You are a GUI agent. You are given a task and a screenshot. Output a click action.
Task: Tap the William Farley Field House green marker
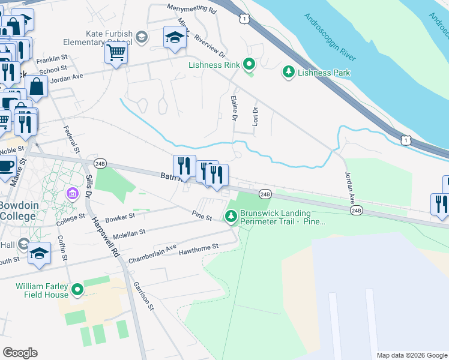pyautogui.click(x=77, y=290)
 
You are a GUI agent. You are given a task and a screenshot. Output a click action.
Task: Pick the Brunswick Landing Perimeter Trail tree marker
pyautogui.click(x=231, y=217)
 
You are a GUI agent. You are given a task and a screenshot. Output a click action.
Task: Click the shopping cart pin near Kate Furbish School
pyautogui.click(x=116, y=52)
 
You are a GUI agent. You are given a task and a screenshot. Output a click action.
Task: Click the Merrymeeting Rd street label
pyautogui.click(x=191, y=9)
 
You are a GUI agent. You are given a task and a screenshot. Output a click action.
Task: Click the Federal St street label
pyautogui.click(x=71, y=138)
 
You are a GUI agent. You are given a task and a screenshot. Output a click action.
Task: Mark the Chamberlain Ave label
pyautogui.click(x=152, y=254)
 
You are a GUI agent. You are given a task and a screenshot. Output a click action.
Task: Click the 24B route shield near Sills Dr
pyautogui.click(x=100, y=163)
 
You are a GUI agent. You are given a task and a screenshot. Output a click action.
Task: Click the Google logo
pyautogui.click(x=20, y=353)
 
